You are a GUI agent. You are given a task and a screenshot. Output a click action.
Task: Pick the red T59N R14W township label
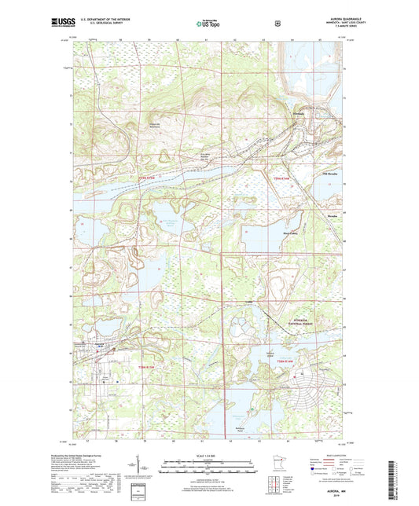281,179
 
